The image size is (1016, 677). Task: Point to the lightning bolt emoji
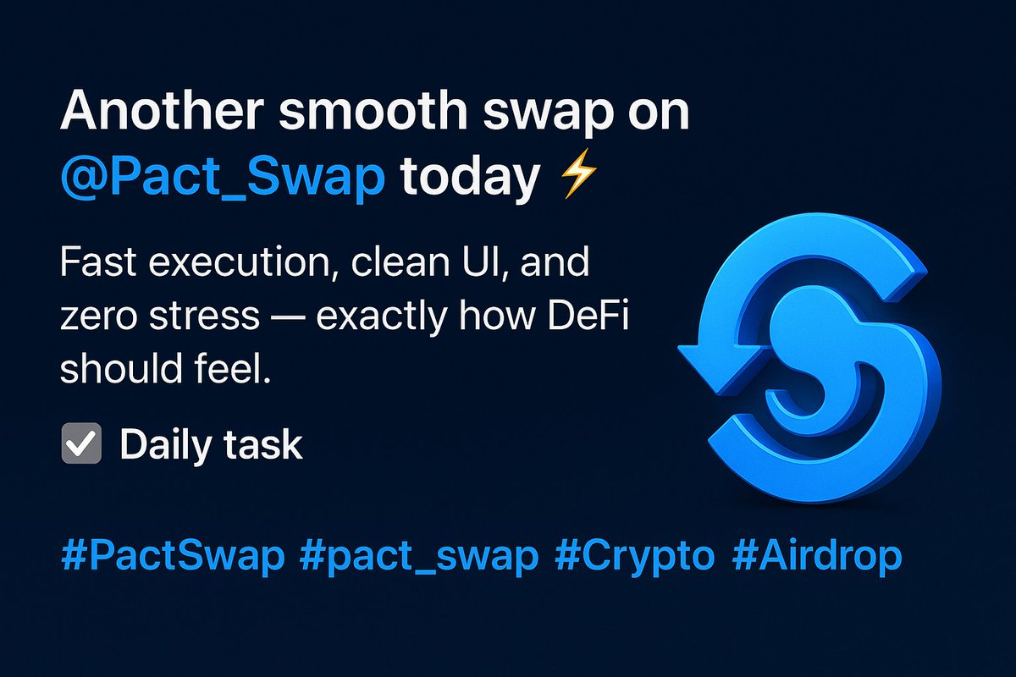[578, 178]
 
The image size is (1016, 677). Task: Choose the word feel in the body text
[231, 369]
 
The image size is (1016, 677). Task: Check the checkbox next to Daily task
[81, 444]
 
